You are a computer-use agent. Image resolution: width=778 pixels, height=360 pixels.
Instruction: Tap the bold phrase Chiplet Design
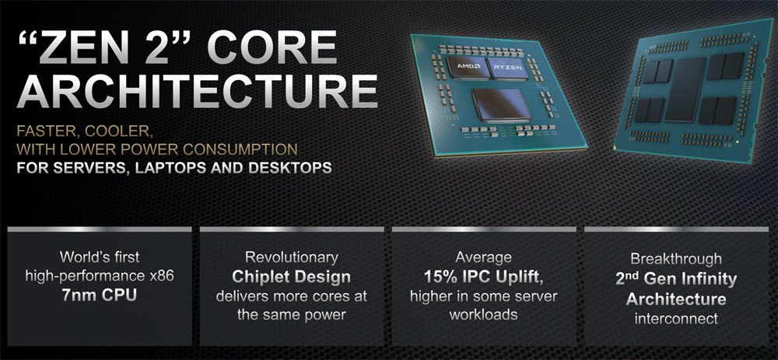tap(292, 277)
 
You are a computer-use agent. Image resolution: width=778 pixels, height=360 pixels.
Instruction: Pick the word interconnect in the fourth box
tap(675, 317)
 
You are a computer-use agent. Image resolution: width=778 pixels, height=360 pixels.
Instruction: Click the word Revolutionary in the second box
tap(292, 257)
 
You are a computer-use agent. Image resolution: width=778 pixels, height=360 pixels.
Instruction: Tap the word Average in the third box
tap(483, 257)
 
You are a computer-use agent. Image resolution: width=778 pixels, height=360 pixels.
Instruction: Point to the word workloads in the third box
tap(483, 315)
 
